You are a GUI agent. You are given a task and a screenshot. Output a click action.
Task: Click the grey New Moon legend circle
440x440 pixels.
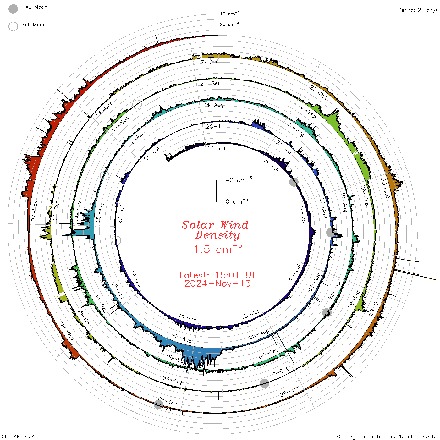click(13, 9)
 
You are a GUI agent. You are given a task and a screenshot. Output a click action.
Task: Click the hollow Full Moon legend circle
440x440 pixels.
click(13, 26)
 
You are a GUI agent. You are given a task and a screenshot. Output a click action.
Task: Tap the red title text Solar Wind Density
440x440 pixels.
click(215, 230)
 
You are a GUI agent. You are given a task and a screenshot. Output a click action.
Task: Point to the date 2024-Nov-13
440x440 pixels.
click(217, 283)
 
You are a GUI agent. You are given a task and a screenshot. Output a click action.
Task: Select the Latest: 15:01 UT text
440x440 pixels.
click(217, 275)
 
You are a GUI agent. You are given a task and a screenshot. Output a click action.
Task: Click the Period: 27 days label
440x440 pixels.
click(418, 10)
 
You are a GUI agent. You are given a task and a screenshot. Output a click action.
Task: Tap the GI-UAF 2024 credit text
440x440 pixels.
click(18, 437)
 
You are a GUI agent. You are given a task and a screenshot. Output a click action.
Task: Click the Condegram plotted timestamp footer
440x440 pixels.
click(387, 437)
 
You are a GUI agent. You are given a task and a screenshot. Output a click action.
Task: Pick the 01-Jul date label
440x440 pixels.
click(217, 148)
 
